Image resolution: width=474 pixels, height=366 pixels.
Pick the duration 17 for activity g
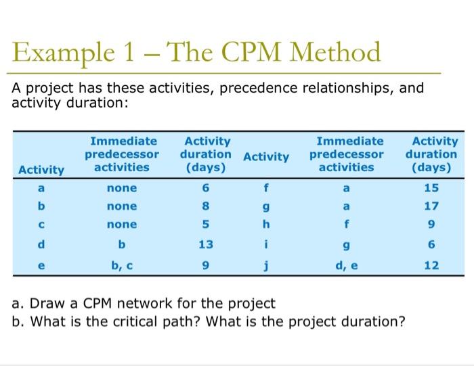coord(432,206)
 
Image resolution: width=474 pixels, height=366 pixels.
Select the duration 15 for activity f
coord(432,188)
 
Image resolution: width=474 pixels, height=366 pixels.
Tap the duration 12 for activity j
coord(432,266)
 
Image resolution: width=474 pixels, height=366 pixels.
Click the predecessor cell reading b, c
coord(121,266)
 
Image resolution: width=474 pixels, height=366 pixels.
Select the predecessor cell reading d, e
coord(346,266)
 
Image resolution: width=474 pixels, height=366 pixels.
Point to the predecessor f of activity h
coord(346,225)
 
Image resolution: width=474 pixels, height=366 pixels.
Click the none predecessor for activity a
coord(121,188)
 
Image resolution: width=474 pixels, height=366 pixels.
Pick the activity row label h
coord(266,225)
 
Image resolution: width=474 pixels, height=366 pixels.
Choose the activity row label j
coord(266,266)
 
